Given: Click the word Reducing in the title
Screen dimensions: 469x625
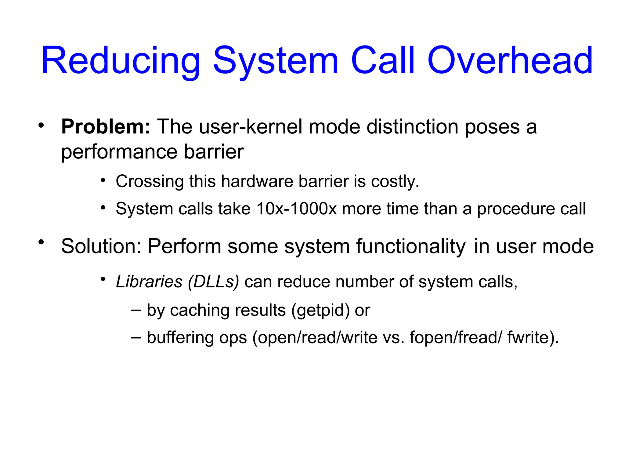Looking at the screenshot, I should (x=121, y=61).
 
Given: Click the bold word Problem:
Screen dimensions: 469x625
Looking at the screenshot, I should (x=106, y=127).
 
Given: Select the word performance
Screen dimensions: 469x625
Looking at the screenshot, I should (x=119, y=152).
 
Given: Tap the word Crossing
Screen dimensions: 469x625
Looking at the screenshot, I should (x=150, y=181).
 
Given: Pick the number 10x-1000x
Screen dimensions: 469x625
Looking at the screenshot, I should (x=296, y=209).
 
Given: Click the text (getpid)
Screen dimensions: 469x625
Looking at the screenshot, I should (x=320, y=311).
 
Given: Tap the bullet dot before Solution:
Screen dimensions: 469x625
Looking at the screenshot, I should (x=41, y=242).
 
